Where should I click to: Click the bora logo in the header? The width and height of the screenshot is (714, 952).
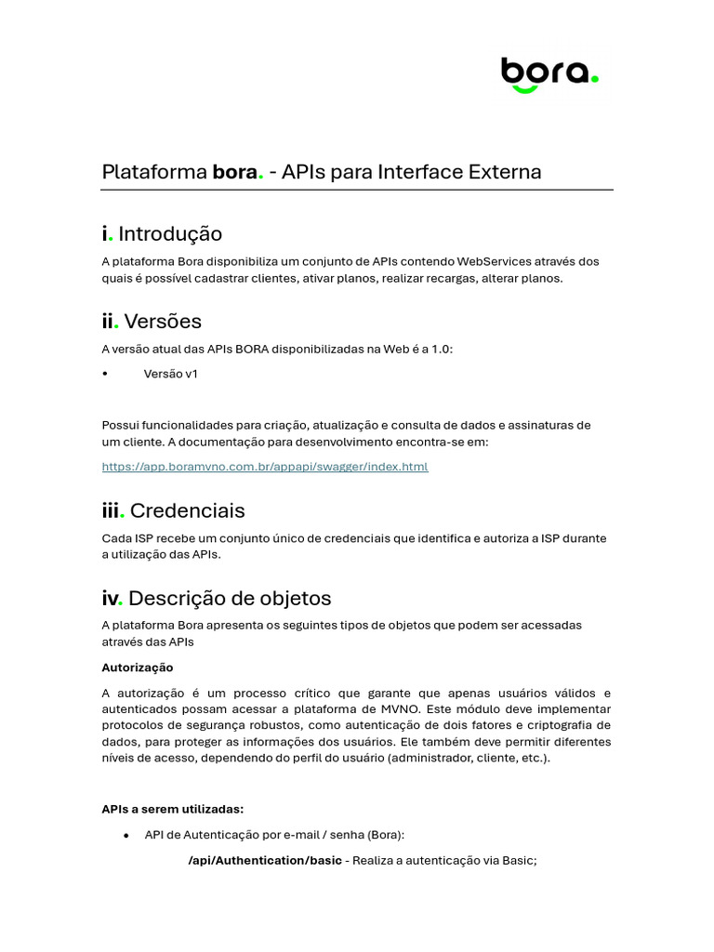pos(549,73)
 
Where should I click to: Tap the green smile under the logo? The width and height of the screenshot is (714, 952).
pos(524,89)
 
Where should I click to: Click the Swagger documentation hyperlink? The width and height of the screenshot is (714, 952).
pos(265,467)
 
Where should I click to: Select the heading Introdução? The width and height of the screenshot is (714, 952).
pos(170,233)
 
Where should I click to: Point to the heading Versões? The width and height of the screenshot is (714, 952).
pos(163,322)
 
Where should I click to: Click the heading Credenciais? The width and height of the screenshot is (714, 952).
pos(188,510)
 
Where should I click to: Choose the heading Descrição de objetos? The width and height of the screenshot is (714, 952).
pos(230,598)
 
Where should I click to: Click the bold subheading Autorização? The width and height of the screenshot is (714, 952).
pos(137,668)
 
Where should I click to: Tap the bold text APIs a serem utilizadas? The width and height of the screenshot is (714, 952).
pos(172,809)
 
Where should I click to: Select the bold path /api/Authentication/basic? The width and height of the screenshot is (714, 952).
pos(265,861)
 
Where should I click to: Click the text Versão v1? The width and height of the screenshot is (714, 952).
pos(171,374)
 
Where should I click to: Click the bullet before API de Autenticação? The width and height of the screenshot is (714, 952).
pos(126,836)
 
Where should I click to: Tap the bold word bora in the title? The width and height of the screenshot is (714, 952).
pos(234,172)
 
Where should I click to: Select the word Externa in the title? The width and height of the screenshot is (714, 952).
pos(508,172)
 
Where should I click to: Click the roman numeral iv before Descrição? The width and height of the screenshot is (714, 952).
pos(111,598)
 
